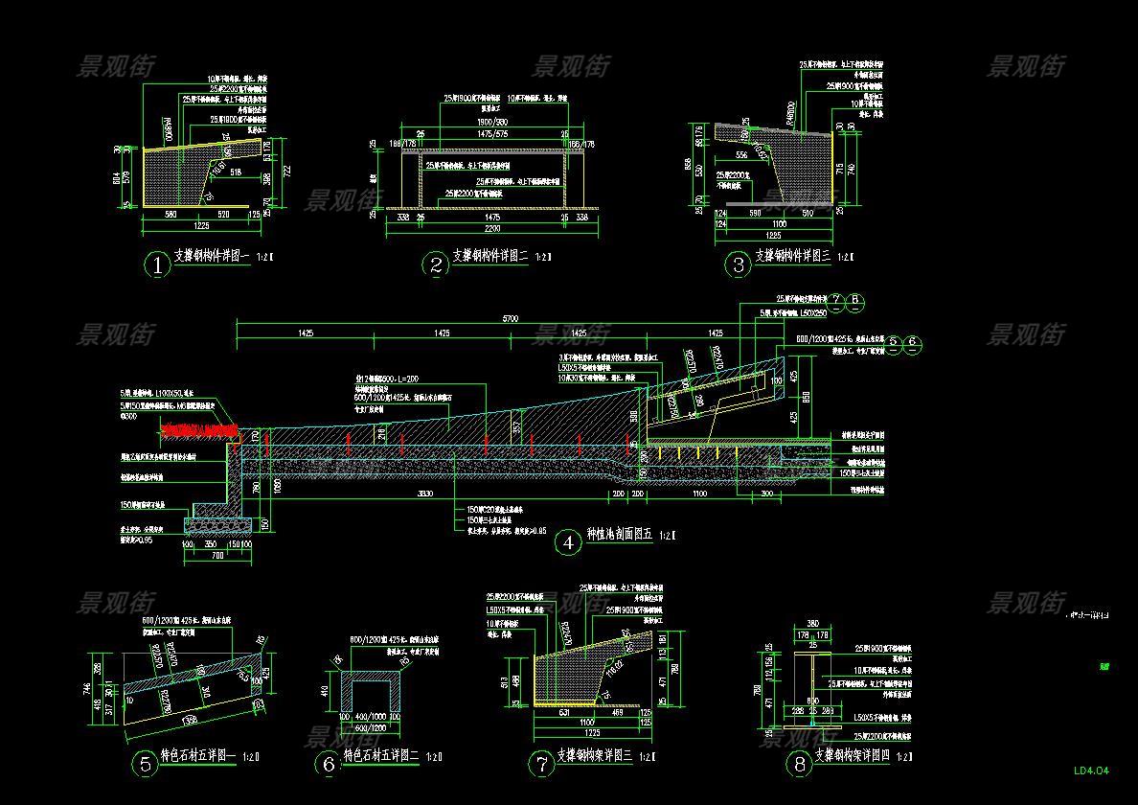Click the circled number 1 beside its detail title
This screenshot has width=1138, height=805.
156,265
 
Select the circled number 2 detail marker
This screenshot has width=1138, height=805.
436,265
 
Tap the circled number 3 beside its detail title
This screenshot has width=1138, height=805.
738,264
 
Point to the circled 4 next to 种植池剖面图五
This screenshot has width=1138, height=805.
568,542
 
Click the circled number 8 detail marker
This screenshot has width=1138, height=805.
797,764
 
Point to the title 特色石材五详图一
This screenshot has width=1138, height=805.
197,756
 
